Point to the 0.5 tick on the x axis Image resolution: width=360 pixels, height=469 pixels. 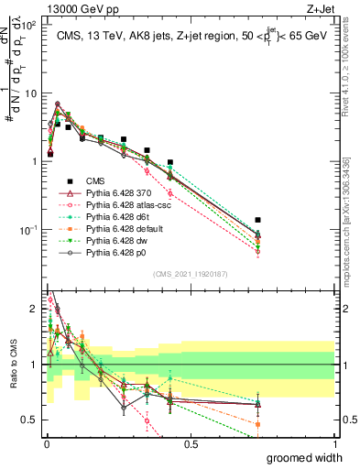[191, 443]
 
